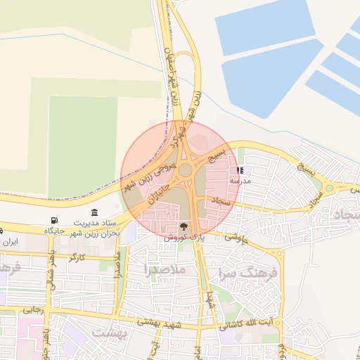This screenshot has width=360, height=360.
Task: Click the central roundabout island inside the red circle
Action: click(186, 170)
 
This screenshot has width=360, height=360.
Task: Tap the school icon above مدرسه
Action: click(240, 170)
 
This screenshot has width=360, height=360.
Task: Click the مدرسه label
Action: click(240, 181)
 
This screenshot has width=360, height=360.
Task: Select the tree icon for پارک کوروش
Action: click(184, 226)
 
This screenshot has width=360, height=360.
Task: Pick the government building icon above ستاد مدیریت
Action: click(94, 212)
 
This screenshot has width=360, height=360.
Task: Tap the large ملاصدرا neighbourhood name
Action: click(165, 269)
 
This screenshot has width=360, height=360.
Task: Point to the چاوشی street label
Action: click(237, 237)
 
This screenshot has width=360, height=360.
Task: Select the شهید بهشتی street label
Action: click(162, 321)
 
